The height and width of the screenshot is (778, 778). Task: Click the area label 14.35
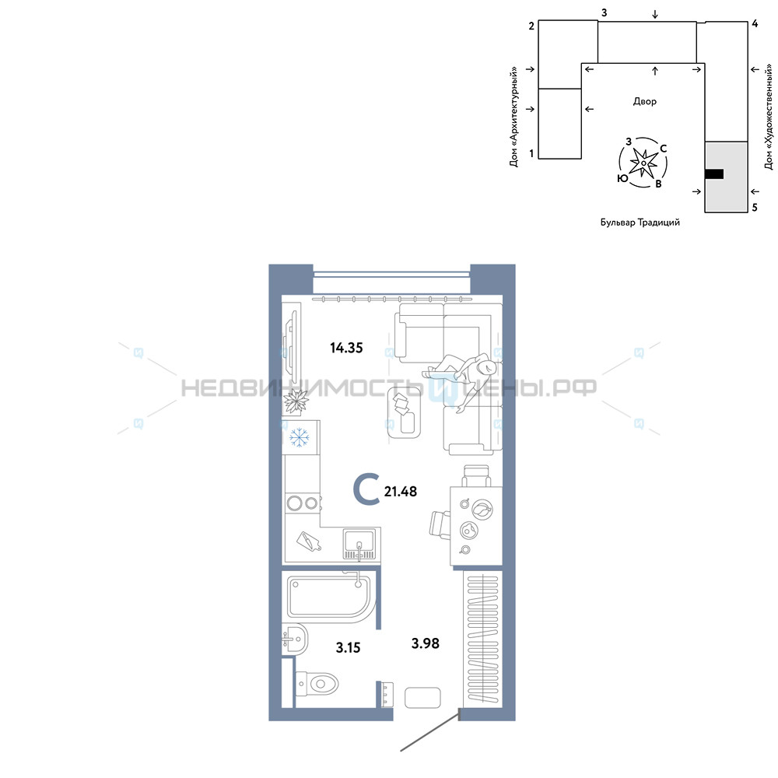point(346,348)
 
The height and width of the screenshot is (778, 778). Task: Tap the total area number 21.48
point(401,491)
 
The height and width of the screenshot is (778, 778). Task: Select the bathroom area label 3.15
point(348,647)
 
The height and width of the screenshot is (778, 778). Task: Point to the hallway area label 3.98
point(426,643)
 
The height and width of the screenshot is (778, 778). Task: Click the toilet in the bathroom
point(317,684)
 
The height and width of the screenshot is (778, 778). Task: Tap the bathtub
point(328,597)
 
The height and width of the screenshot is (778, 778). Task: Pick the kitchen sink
point(359,544)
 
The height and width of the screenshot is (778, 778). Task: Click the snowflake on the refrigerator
point(300,437)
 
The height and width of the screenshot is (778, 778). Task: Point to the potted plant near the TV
point(296,401)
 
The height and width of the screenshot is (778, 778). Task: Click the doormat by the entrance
point(422,698)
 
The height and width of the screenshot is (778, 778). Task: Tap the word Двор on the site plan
point(644,101)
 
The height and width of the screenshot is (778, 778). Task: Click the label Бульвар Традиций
point(640,223)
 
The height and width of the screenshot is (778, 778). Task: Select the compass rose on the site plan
point(643,163)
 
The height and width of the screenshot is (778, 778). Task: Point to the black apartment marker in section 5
point(714,173)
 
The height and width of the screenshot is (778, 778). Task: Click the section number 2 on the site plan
point(531,26)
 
